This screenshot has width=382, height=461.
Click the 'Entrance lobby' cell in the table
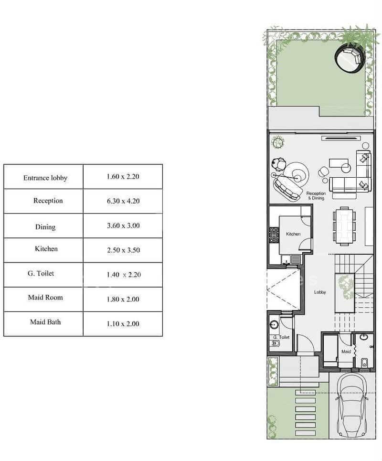[x=45, y=178]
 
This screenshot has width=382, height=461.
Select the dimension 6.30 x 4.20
[x=123, y=201]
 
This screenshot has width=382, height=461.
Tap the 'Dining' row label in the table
[x=45, y=226]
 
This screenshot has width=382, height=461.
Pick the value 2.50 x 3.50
[x=123, y=250]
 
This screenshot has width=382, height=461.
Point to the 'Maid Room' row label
[x=45, y=298]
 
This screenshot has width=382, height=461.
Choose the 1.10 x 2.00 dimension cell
[x=123, y=324]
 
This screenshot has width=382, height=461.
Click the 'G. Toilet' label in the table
[x=41, y=273]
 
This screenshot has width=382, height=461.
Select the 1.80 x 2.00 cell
[x=123, y=300]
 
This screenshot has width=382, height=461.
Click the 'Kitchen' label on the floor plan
[x=293, y=234]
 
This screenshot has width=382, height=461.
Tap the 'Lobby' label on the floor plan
[x=320, y=292]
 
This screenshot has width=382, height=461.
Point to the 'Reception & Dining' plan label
[x=316, y=196]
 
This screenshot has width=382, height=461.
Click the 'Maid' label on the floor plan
[x=346, y=351]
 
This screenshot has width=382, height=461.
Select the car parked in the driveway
[x=352, y=406]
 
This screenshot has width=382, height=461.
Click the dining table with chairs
[x=344, y=226]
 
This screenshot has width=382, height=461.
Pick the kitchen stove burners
[x=274, y=235]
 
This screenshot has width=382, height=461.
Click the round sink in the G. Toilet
[x=274, y=324]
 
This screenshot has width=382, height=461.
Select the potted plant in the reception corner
[x=277, y=142]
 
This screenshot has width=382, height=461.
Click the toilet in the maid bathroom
[x=364, y=363]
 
